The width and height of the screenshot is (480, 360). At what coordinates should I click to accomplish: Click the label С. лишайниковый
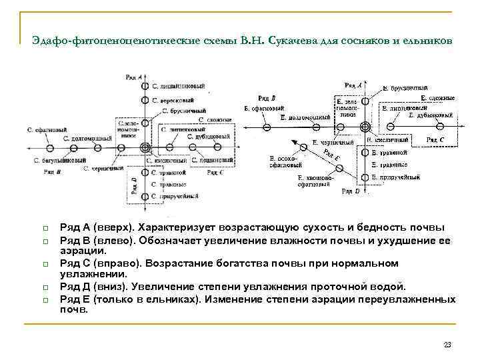coord(179,87)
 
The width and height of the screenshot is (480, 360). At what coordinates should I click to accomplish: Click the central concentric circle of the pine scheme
coord(145,147)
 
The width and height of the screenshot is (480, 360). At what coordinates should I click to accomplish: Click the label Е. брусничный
coord(405,88)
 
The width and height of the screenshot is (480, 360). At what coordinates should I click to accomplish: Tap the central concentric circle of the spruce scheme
coord(365,127)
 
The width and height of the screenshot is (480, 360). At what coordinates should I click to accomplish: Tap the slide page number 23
coord(447,345)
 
